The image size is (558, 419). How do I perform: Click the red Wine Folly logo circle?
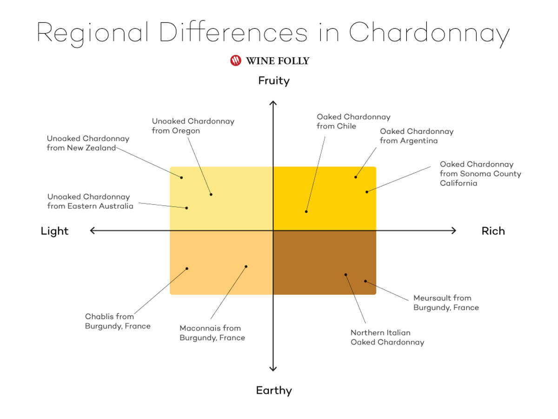point(235,61)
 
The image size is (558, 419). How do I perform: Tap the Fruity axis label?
point(274,81)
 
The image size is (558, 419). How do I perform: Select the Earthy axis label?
point(274,391)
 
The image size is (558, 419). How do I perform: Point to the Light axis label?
point(55,231)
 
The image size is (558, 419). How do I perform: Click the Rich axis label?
point(493,231)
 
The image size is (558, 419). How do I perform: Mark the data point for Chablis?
point(187,269)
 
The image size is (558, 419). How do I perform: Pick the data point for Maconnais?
point(246,267)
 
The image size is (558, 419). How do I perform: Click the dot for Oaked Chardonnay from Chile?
point(306,212)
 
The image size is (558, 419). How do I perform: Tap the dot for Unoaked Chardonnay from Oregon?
point(211,195)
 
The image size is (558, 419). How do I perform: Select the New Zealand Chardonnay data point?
point(181,177)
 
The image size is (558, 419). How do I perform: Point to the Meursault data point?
point(365,281)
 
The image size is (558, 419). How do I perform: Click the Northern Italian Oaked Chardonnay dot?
point(346,275)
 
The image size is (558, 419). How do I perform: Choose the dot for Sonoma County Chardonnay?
point(367,192)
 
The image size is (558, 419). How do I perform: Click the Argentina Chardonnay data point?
point(356,177)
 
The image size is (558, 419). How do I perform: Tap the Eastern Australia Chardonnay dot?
point(186,208)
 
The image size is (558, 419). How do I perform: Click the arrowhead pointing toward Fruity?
point(273,102)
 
